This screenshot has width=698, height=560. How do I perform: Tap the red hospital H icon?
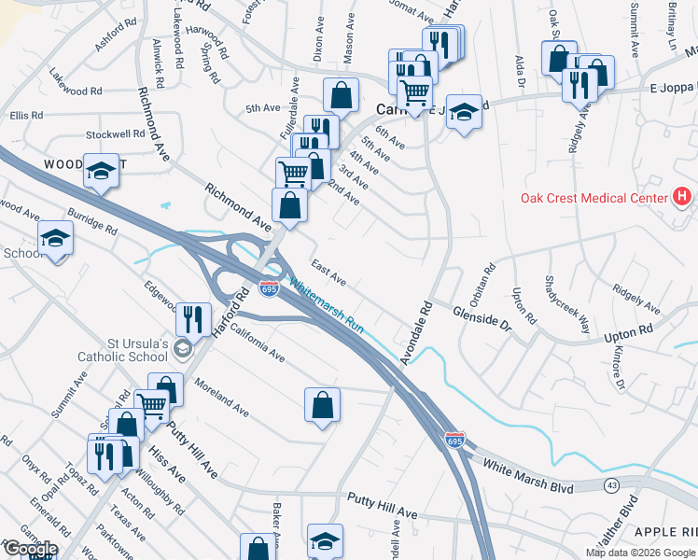(683, 197)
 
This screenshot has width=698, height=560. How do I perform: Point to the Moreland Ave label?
(221, 397)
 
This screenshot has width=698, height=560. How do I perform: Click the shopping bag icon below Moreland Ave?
(322, 405)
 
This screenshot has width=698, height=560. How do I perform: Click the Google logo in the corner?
(30, 549)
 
